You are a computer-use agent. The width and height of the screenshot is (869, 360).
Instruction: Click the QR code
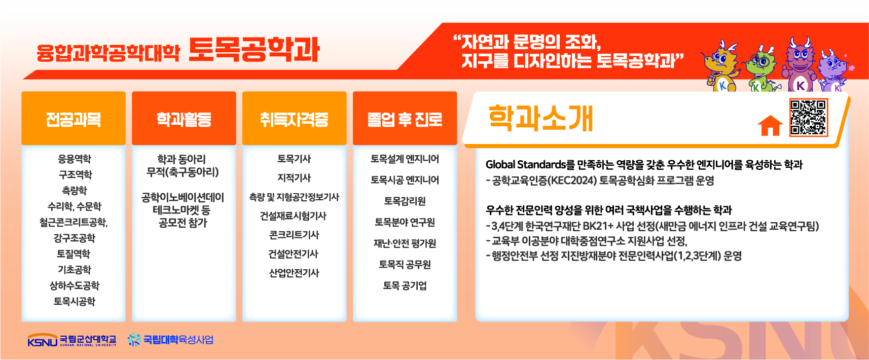[x=809, y=117]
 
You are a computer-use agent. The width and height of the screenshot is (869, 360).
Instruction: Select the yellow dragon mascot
[x=721, y=66]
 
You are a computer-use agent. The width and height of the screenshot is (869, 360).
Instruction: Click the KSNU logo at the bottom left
[x=72, y=340]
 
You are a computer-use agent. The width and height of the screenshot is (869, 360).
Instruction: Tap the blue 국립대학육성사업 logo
[x=171, y=340]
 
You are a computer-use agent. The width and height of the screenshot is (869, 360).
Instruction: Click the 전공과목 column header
[x=74, y=119]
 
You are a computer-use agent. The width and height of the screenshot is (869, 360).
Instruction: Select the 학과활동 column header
[x=184, y=119]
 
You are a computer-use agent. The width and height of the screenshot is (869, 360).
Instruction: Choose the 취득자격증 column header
[x=295, y=119]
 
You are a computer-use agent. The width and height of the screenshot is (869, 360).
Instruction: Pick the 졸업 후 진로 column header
[x=405, y=119]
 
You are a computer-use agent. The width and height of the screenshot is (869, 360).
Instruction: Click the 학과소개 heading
[x=541, y=118]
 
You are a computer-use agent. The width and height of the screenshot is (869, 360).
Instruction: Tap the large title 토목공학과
[x=254, y=50]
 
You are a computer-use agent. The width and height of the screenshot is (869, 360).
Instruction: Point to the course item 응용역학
[x=74, y=159]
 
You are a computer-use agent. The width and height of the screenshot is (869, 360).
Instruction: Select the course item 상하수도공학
[x=74, y=285]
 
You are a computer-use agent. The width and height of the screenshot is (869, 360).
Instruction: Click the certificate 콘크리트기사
[x=294, y=235]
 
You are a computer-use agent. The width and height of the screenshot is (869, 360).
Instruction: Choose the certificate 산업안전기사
[x=294, y=273]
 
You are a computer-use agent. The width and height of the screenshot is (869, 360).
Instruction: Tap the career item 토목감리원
[x=405, y=201]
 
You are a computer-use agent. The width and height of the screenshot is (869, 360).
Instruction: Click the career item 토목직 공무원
[x=405, y=265]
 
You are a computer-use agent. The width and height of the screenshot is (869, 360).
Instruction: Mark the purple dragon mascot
[x=832, y=72]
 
